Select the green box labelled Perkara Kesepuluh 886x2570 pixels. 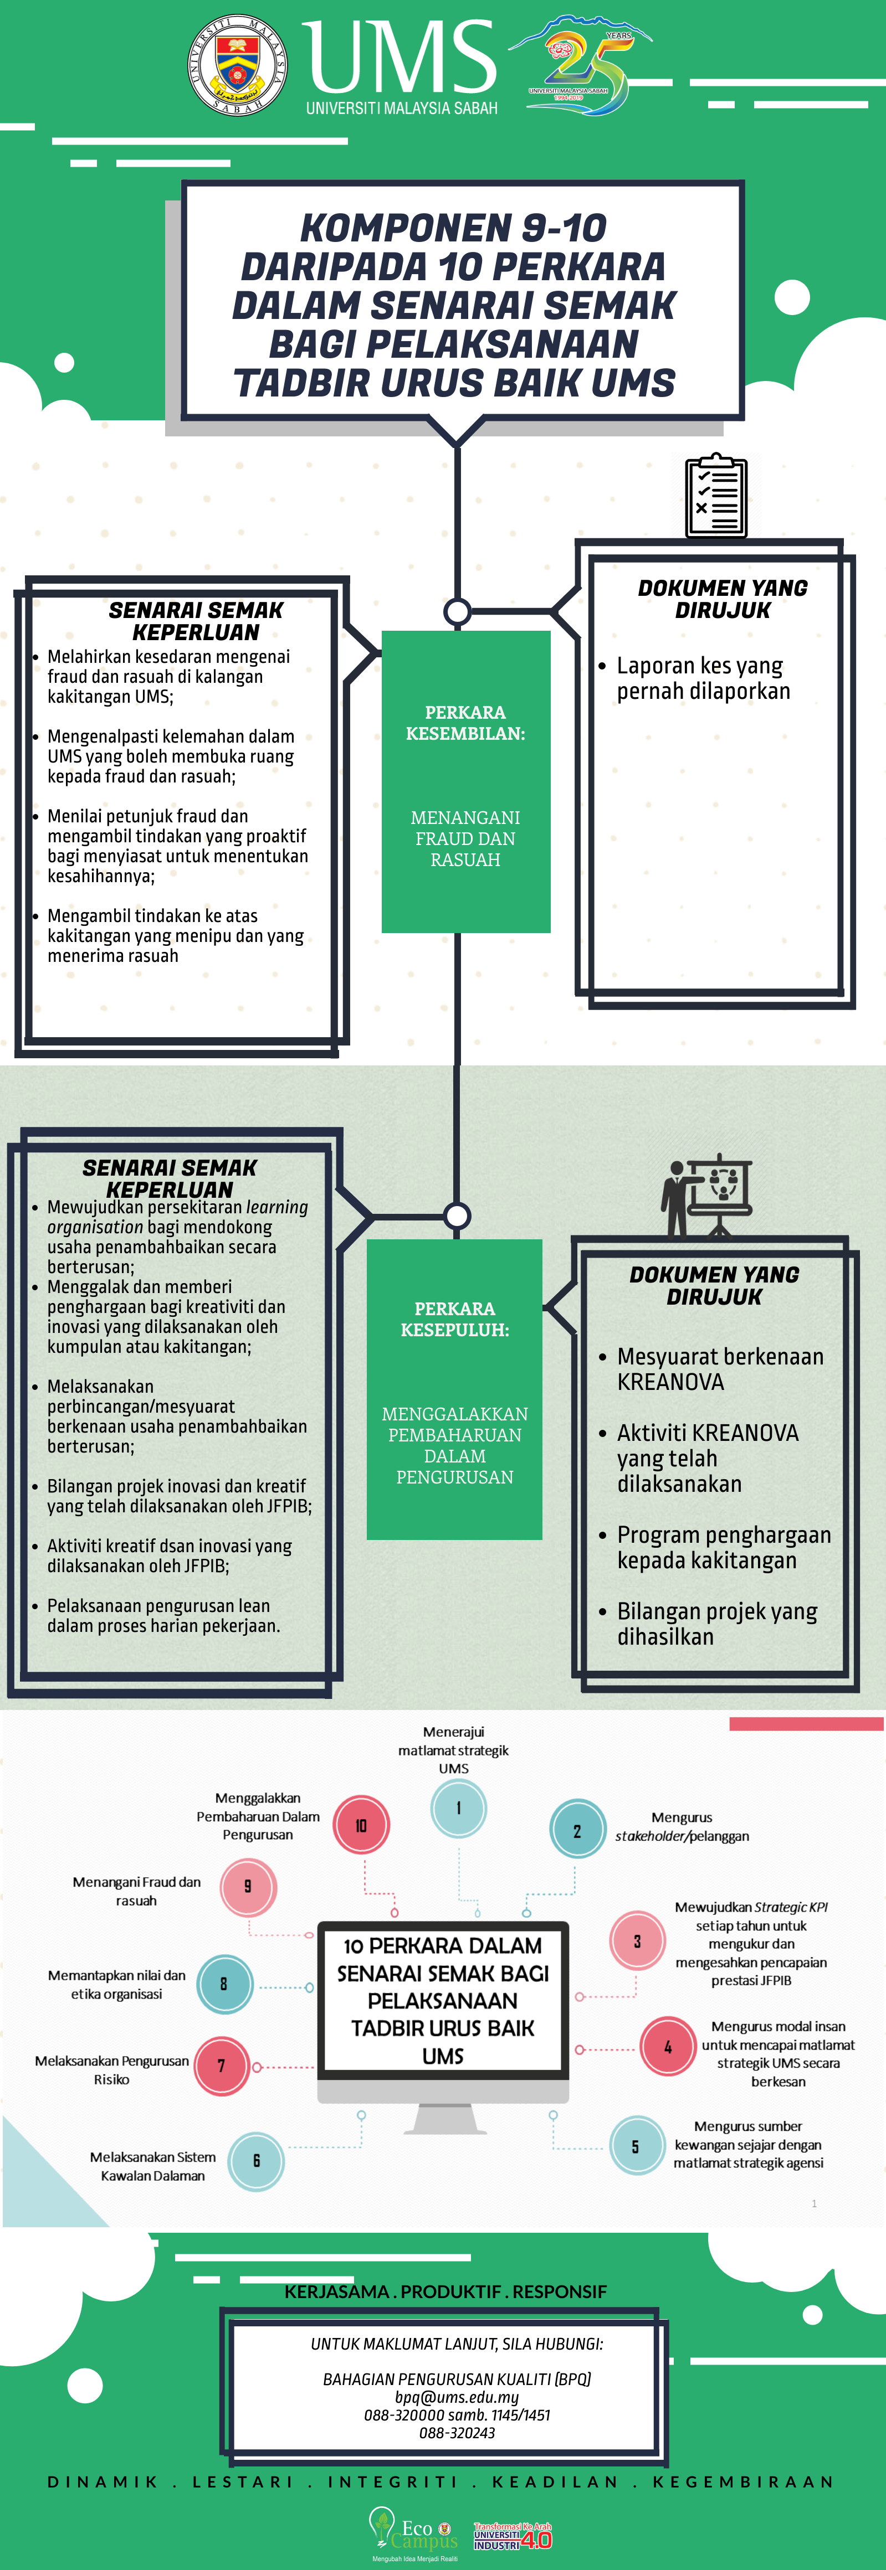[455, 1389]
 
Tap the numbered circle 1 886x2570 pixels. [459, 1808]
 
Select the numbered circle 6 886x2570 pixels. [257, 2161]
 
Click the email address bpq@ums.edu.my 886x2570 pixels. [457, 2397]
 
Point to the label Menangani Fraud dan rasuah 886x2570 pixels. [137, 1891]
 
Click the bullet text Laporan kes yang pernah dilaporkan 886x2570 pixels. [703, 678]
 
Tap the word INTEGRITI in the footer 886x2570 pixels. [392, 2481]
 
